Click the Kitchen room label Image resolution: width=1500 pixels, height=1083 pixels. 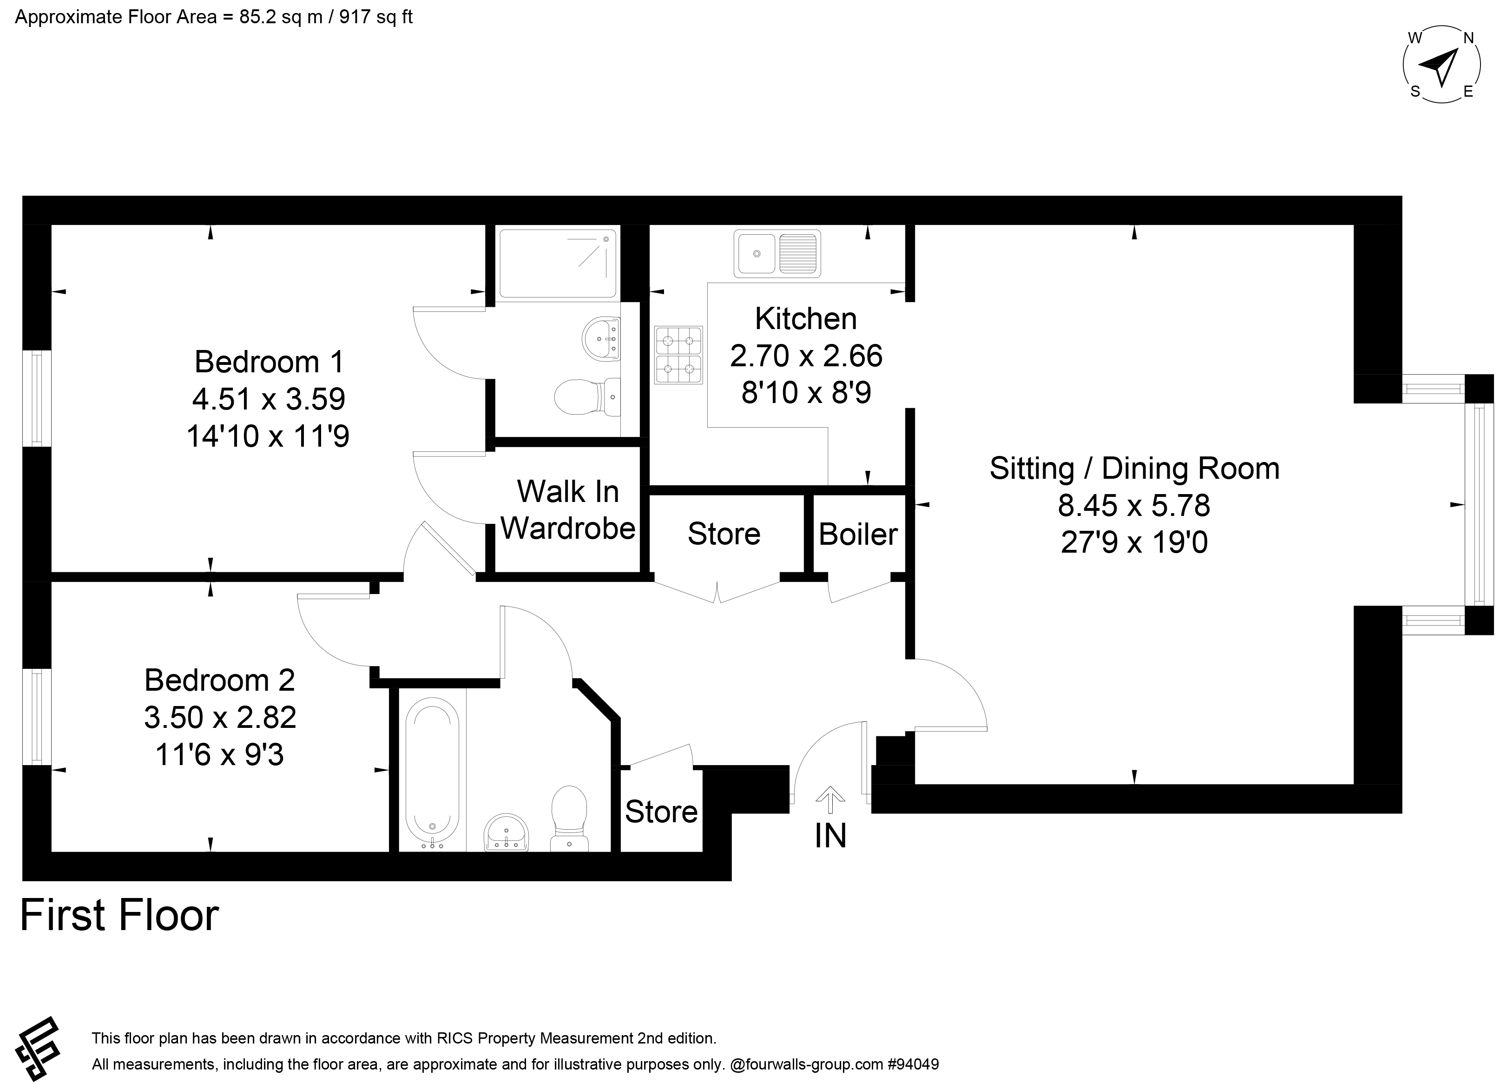tap(806, 319)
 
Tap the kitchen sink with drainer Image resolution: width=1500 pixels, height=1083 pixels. tap(777, 253)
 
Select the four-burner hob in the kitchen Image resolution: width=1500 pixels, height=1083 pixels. tap(678, 355)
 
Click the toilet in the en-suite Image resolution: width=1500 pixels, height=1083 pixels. tap(587, 397)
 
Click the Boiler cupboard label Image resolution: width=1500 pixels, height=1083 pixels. tap(858, 534)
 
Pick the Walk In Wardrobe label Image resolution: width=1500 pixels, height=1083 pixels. tap(568, 509)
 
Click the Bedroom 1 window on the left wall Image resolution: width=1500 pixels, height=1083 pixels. tap(37, 398)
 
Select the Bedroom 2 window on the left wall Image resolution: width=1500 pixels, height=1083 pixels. tap(37, 717)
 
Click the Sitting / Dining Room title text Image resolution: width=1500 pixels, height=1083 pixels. tap(1134, 469)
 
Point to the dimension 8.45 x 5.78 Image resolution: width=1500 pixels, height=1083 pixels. tap(1134, 505)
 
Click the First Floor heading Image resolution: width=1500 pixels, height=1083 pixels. tap(120, 916)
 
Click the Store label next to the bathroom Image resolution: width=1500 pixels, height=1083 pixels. tap(661, 812)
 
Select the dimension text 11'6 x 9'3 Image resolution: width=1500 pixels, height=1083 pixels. tap(220, 754)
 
